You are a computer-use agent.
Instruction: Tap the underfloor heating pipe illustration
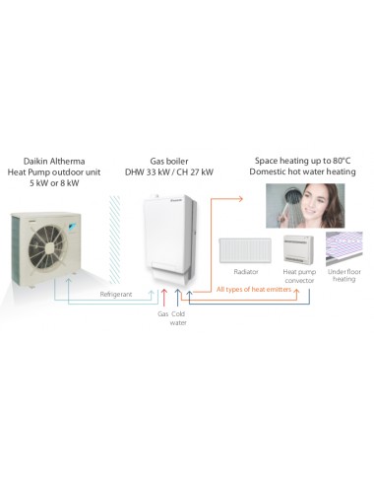point(345,251)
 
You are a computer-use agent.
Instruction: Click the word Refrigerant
point(117,293)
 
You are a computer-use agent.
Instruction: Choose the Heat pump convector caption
point(297,276)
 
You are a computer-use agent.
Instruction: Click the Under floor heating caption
point(345,275)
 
